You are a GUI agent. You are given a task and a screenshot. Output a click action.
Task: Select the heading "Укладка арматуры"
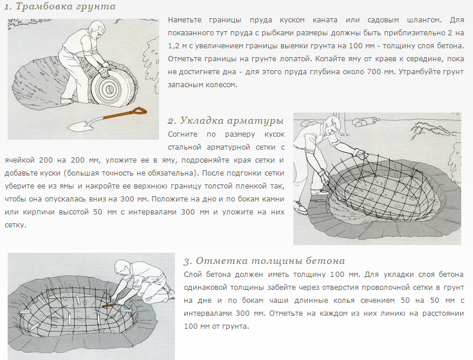pyautogui.click(x=232, y=121)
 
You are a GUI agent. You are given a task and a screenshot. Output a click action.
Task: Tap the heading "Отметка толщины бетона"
pyautogui.click(x=270, y=261)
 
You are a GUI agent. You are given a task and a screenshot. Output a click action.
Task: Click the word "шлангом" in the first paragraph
pyautogui.click(x=424, y=20)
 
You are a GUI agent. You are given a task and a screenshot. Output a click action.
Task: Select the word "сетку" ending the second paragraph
pyautogui.click(x=15, y=225)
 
